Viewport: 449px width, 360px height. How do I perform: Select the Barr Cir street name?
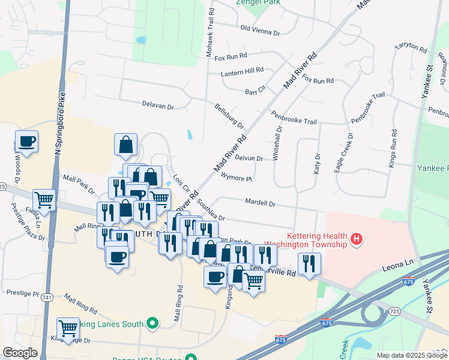pos(255,91)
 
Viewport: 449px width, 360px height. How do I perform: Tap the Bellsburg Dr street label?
pos(229,116)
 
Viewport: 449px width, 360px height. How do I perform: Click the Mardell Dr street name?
pos(260,203)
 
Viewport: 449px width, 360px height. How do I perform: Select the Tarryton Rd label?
pos(409,54)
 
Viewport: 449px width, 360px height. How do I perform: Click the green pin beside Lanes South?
pos(152,324)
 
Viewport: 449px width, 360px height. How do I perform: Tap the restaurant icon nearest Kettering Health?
pos(309,263)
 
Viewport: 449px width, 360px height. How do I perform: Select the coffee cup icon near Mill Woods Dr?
pos(26,142)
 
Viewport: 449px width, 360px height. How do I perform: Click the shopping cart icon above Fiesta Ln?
pos(44,199)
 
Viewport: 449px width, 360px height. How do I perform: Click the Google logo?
pos(20,353)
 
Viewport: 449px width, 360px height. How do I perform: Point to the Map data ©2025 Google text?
pos(411,355)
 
